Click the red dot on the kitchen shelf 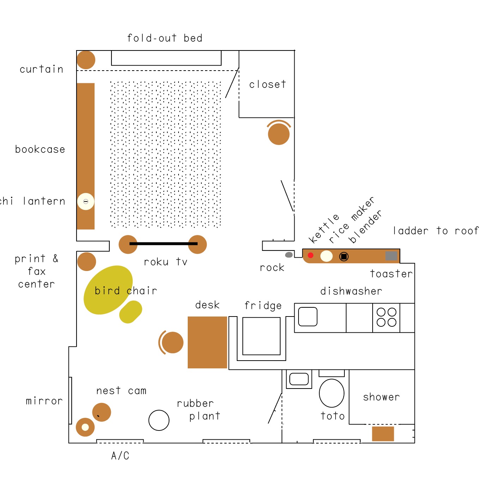pos(311,255)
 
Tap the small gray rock pos(289,255)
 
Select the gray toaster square pos(391,255)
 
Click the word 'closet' pos(267,84)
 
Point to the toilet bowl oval pos(331,393)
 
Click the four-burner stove pos(386,318)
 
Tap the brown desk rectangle pos(207,342)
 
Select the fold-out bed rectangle pos(166,58)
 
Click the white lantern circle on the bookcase pos(85,201)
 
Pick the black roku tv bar pos(163,243)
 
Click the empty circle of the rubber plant pos(159,420)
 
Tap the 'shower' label pos(381,397)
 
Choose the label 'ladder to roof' pos(436,231)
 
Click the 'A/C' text pos(120,456)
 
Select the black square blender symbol pos(344,257)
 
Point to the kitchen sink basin pos(308,317)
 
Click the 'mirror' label pos(44,401)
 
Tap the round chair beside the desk pos(172,342)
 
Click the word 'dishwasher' pos(351,291)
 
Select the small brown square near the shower pos(383,434)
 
